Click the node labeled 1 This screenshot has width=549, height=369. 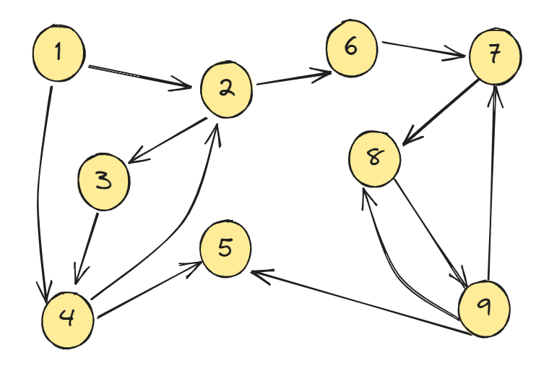click(x=59, y=53)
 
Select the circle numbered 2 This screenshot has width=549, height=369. click(x=226, y=90)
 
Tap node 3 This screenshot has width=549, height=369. click(x=104, y=182)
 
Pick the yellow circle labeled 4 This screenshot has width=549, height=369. click(x=67, y=319)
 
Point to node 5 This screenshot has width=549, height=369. click(x=225, y=250)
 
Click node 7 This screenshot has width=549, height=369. click(x=494, y=56)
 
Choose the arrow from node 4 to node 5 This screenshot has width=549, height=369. click(x=148, y=289)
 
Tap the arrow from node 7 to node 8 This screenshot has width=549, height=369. click(x=441, y=112)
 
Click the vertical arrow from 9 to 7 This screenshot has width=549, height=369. click(x=492, y=181)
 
